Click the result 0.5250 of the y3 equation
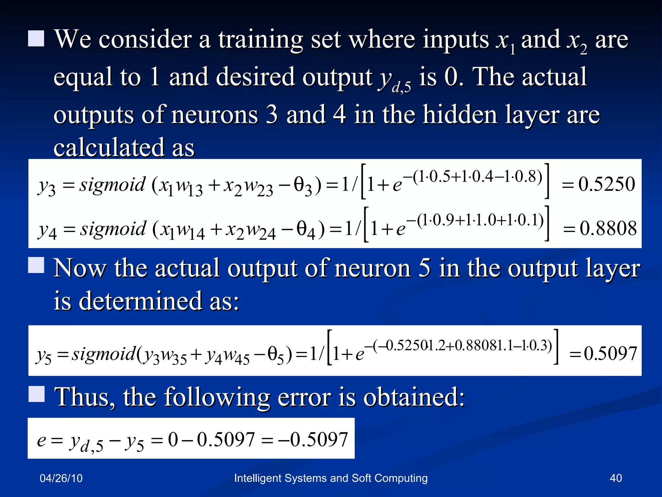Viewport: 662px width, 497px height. click(x=606, y=184)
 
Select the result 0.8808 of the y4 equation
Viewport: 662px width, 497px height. click(x=608, y=228)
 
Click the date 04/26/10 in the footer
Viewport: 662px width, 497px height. click(x=61, y=478)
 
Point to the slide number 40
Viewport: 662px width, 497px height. click(x=615, y=478)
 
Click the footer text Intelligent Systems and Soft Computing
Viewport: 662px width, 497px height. click(x=331, y=478)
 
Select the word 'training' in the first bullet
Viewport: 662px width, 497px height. click(x=261, y=39)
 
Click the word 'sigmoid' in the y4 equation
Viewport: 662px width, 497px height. click(x=113, y=229)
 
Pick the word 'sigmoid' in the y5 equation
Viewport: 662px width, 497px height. click(x=104, y=354)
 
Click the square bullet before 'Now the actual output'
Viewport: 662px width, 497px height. click(x=36, y=265)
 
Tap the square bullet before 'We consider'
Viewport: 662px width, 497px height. click(x=36, y=39)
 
